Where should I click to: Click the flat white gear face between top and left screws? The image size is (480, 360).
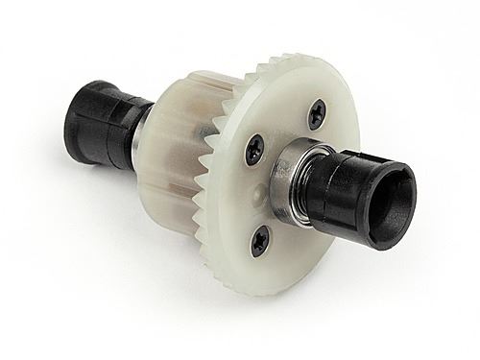coord(283,130)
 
